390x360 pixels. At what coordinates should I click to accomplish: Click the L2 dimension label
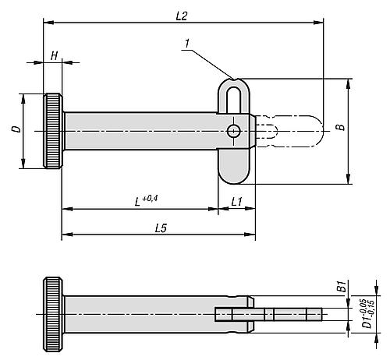pyautogui.click(x=181, y=15)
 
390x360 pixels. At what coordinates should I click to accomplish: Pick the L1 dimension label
pyautogui.click(x=236, y=201)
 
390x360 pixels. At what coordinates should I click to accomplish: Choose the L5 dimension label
pyautogui.click(x=160, y=228)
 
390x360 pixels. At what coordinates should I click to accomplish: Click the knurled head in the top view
pyautogui.click(x=53, y=132)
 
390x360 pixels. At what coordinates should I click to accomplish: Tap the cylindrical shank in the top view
pyautogui.click(x=140, y=132)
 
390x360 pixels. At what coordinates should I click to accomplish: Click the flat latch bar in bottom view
pyautogui.click(x=269, y=314)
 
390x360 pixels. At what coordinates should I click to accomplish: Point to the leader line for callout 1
pyautogui.click(x=211, y=63)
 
